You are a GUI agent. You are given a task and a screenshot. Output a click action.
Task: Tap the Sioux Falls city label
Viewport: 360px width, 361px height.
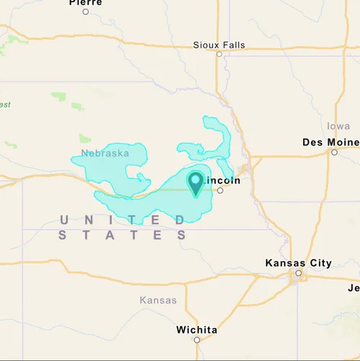click(219, 45)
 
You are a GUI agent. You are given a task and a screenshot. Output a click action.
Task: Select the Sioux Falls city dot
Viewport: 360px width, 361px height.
click(219, 53)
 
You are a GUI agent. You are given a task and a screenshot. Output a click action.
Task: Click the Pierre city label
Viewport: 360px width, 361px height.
click(86, 3)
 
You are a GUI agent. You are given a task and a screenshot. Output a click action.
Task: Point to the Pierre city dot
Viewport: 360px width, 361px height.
click(86, 12)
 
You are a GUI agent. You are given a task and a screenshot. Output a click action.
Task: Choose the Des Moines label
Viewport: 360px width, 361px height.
click(330, 142)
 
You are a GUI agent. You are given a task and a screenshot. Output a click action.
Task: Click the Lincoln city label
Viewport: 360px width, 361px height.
click(224, 180)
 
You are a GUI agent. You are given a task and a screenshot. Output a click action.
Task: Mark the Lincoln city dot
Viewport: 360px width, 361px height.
click(220, 191)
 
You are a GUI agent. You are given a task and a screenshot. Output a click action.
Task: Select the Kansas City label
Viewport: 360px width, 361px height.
click(299, 263)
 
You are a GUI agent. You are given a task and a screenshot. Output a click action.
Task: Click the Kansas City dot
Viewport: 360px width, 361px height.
click(299, 274)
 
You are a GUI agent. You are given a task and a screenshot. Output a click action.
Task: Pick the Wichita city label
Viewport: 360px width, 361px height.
click(196, 330)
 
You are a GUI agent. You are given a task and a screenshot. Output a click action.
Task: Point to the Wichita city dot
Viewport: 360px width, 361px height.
click(196, 339)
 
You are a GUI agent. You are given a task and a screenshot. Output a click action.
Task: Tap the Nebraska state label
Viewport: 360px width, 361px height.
click(105, 153)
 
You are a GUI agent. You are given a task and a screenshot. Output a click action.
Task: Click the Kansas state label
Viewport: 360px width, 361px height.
click(158, 300)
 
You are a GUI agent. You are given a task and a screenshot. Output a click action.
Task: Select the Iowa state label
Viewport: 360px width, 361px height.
click(338, 126)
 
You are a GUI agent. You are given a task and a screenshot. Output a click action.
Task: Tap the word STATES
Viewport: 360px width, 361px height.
click(123, 235)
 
